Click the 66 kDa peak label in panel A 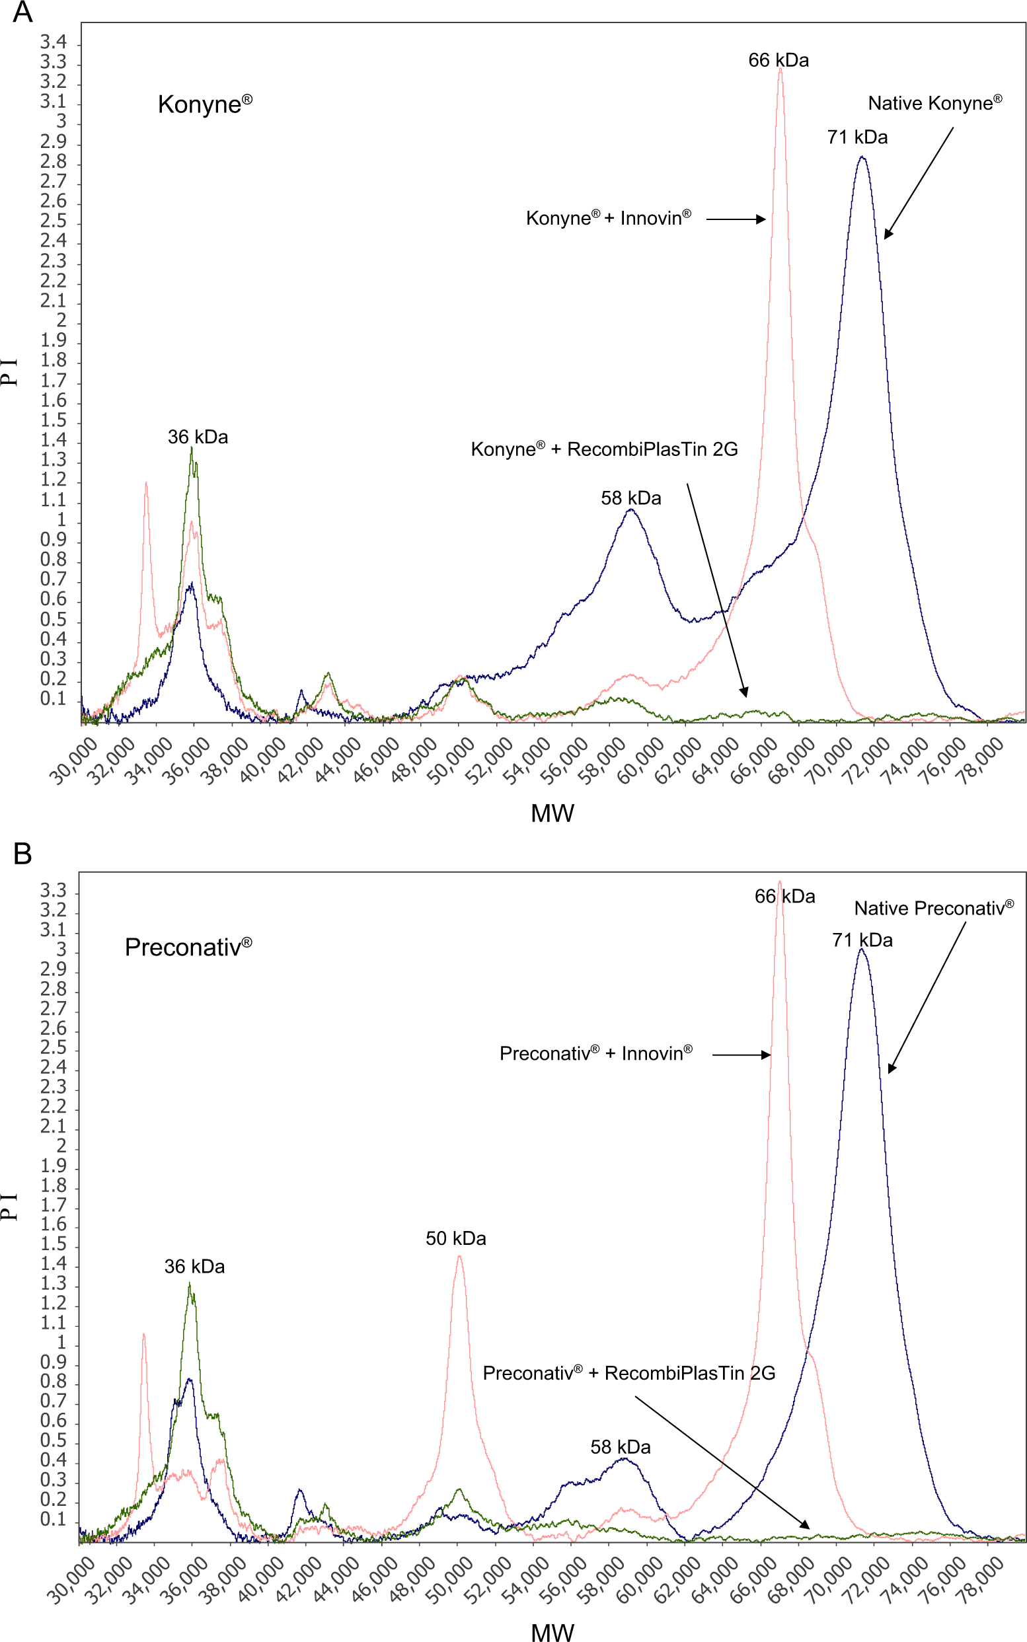[x=779, y=60]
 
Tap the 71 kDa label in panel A [x=857, y=137]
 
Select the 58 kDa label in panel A [x=631, y=498]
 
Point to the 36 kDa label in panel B [x=194, y=1267]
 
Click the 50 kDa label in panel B [x=456, y=1239]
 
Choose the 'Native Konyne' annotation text [x=934, y=102]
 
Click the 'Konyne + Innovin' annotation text [x=609, y=218]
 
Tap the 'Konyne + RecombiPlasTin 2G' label [x=605, y=449]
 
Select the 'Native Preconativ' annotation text [x=934, y=908]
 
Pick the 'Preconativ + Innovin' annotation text [x=596, y=1053]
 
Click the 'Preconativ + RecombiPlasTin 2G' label [x=629, y=1373]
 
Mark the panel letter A [x=22, y=12]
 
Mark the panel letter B [x=22, y=854]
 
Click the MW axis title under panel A [x=552, y=813]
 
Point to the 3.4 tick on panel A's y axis [x=54, y=42]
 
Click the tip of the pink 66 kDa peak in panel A [x=780, y=68]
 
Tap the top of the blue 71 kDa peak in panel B [x=861, y=950]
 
